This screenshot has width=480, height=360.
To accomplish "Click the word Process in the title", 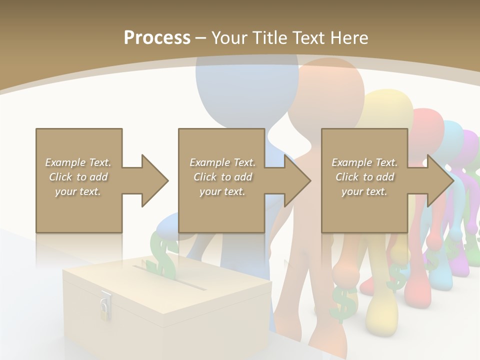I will [x=157, y=37].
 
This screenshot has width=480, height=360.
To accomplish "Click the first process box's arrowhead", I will [x=154, y=180].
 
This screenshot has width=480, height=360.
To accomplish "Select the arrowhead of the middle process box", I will [x=297, y=180].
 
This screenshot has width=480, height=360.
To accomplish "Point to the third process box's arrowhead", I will [x=440, y=180].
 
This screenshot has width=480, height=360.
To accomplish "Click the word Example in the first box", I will [x=65, y=162].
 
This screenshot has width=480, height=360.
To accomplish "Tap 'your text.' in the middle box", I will [x=222, y=191].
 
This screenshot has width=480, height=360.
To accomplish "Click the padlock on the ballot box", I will [x=105, y=305].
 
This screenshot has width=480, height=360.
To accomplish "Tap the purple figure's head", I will [x=470, y=145].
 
